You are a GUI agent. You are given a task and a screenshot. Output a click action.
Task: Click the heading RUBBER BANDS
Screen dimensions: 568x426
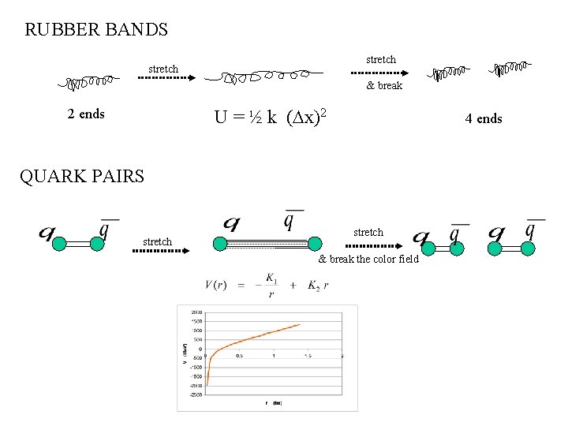point(96,30)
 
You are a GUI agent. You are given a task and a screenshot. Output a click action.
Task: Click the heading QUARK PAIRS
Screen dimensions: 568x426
point(82,176)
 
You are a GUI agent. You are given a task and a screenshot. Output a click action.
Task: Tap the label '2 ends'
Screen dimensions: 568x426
point(86,114)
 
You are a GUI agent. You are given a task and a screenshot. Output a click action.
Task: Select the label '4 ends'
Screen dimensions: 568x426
point(483,118)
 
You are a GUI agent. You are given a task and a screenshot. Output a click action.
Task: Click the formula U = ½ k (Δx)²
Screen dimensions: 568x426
point(271,118)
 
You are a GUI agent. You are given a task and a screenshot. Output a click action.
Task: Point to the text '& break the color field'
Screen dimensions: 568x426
point(368,260)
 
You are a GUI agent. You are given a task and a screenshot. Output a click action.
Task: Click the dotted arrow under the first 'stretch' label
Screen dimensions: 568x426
point(163,79)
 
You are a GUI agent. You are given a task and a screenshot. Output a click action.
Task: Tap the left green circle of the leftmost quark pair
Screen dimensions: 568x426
point(58,245)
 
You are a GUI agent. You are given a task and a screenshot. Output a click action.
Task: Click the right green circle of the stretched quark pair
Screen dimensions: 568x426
point(315,244)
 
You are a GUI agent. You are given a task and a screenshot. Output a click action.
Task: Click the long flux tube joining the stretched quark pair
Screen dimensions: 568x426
point(267,244)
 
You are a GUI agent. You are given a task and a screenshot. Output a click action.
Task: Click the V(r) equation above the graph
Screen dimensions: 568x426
point(267,285)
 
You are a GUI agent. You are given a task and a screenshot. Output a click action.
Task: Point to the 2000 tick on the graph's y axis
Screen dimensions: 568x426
point(196,312)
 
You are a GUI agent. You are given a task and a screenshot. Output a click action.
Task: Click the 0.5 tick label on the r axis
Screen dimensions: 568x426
point(239,356)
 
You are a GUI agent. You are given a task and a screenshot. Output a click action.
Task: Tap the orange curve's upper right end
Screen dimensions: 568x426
point(298,324)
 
